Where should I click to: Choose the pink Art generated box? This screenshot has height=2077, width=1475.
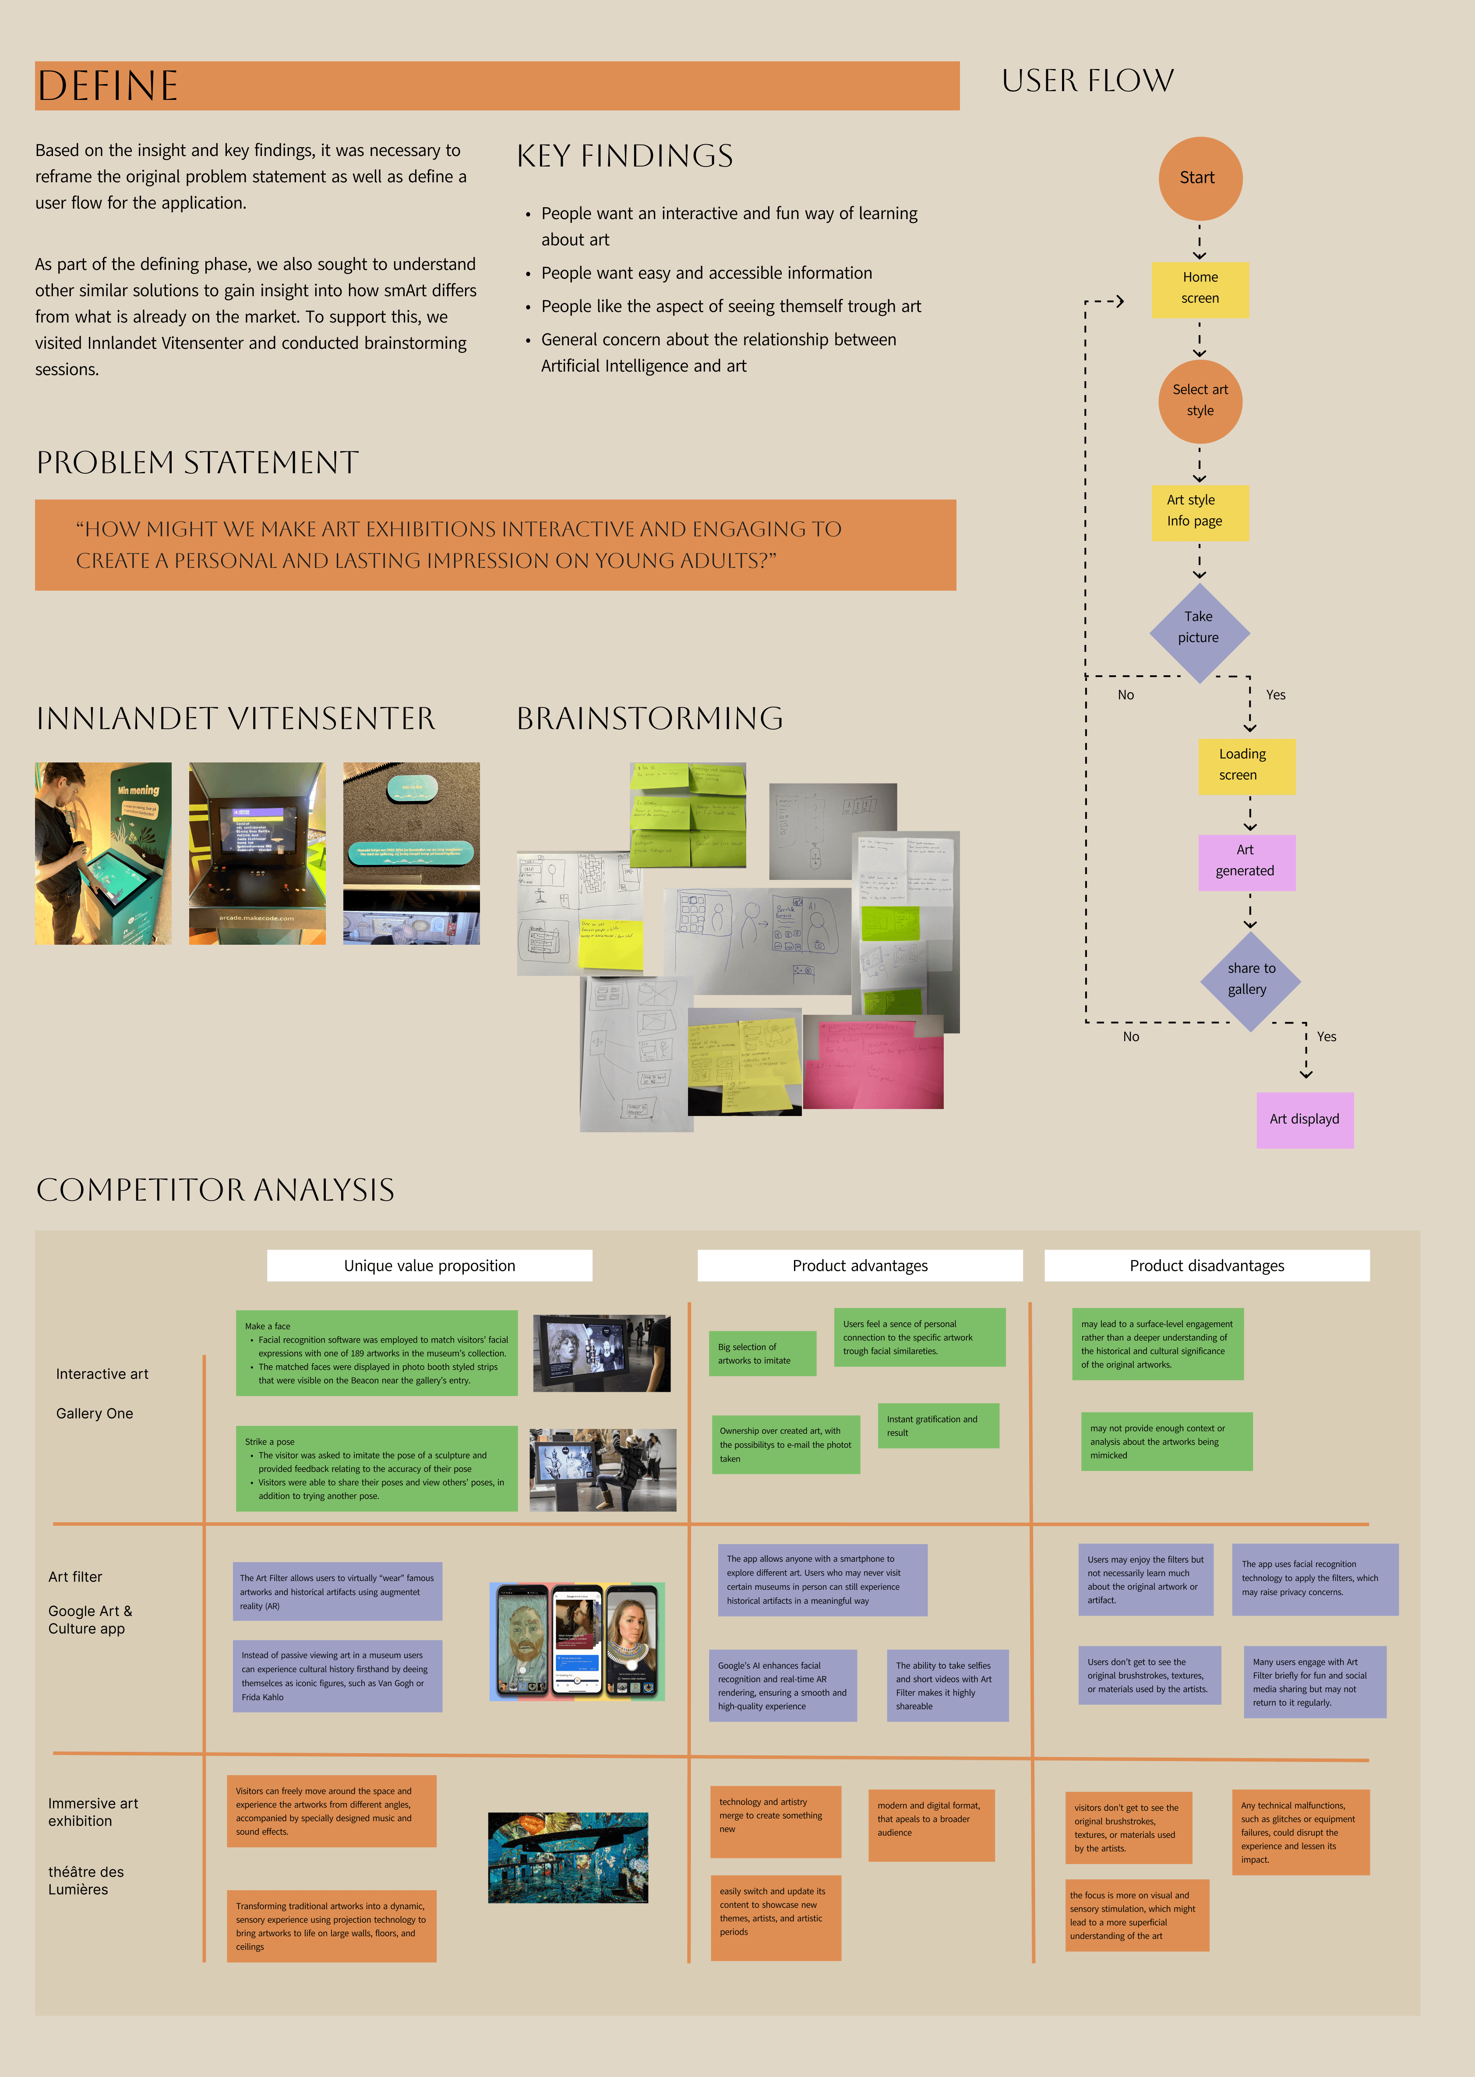tap(1246, 861)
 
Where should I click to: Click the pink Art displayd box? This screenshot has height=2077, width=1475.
tap(1304, 1120)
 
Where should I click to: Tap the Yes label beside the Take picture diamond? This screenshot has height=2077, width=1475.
tap(1275, 695)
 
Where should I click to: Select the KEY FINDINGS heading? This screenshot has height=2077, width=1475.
tap(625, 156)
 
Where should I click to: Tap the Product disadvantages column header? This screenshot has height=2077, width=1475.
tap(1206, 1265)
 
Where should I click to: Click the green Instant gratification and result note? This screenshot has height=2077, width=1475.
tap(937, 1425)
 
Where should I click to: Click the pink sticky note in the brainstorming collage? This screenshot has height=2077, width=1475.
tap(873, 1065)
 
